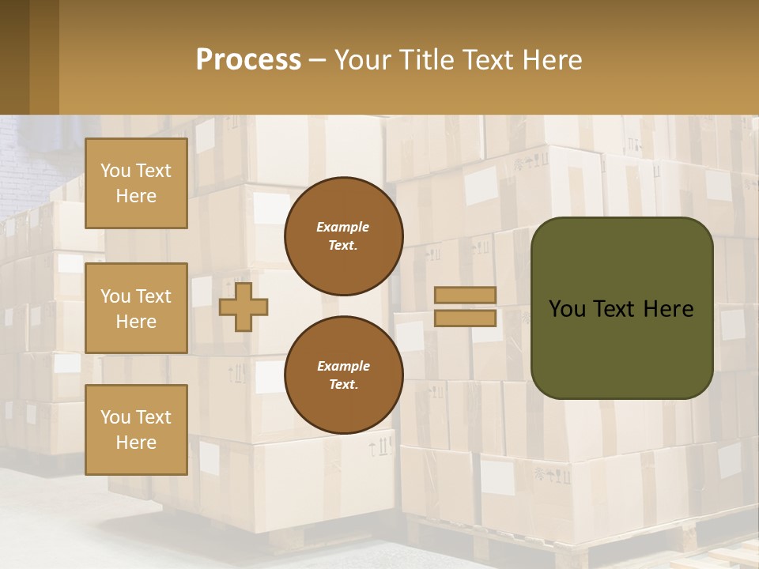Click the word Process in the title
pos(248,60)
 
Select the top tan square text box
pos(136,183)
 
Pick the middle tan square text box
pos(136,308)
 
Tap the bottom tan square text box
pos(136,429)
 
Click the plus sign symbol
pos(244,307)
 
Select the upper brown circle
pos(343,236)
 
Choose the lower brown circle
pos(343,375)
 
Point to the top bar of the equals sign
pos(465,296)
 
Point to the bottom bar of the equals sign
pos(465,318)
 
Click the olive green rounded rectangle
pos(621,348)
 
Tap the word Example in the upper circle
pos(343,227)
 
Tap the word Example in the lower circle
pos(343,366)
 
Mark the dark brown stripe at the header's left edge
pos(14,58)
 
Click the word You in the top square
pos(115,171)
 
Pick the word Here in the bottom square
pos(136,443)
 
